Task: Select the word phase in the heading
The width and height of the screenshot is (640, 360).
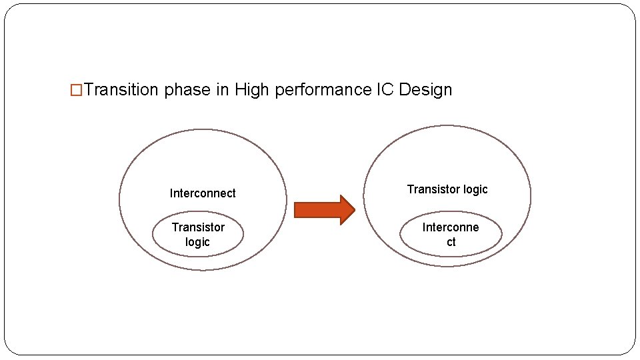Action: [x=187, y=90]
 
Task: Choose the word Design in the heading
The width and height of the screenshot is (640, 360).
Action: [x=425, y=90]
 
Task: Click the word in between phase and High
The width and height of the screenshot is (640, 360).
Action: [x=222, y=90]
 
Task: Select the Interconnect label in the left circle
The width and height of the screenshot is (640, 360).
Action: [x=203, y=193]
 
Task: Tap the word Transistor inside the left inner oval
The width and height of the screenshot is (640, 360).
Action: [x=198, y=227]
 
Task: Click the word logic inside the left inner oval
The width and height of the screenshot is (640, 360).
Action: [x=197, y=242]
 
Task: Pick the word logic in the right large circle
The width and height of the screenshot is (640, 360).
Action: [x=475, y=189]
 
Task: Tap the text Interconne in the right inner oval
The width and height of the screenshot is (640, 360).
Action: [x=451, y=227]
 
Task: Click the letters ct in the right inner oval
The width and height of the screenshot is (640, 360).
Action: [x=451, y=242]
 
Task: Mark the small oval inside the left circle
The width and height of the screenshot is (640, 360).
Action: [x=160, y=235]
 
